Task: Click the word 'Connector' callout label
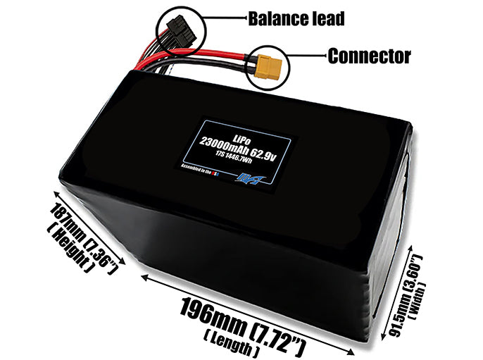(369, 56)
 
